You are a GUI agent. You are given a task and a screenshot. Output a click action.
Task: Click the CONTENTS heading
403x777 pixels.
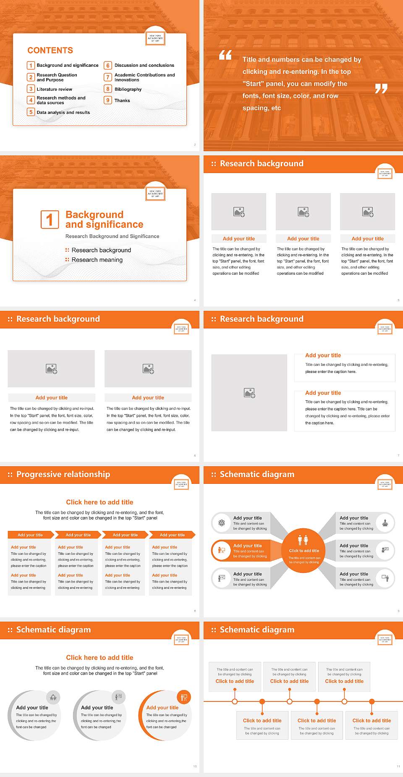click(50, 50)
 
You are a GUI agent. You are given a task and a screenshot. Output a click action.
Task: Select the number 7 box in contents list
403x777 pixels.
click(108, 77)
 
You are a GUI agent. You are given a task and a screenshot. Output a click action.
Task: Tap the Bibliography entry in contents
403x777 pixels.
click(128, 89)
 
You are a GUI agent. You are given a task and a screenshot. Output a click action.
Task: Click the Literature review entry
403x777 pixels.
click(54, 89)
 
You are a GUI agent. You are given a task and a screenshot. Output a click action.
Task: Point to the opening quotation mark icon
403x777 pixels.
click(225, 55)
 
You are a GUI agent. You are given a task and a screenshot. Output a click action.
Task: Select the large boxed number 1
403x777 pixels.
click(50, 219)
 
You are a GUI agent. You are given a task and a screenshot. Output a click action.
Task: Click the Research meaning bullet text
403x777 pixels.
click(97, 260)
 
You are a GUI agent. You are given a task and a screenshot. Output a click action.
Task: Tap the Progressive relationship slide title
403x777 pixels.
click(63, 475)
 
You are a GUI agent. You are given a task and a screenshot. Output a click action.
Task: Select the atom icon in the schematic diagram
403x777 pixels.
click(222, 523)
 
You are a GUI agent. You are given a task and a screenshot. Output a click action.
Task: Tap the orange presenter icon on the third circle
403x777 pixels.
click(184, 698)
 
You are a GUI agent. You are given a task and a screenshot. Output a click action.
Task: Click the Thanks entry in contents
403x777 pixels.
click(122, 100)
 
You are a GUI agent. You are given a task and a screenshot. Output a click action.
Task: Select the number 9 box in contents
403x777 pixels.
click(108, 100)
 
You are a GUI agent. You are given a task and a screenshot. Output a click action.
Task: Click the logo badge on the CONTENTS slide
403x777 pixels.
click(155, 39)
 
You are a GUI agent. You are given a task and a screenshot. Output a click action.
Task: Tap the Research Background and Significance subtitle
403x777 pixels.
click(112, 236)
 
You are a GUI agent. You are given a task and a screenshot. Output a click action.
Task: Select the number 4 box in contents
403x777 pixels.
click(31, 100)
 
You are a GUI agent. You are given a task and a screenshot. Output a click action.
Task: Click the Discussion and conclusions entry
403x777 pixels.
click(144, 66)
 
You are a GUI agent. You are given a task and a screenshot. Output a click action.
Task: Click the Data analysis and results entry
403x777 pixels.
click(63, 112)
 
